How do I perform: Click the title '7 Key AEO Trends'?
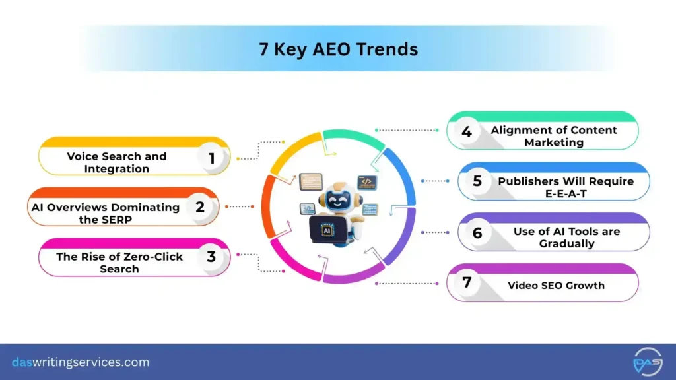pyautogui.click(x=338, y=49)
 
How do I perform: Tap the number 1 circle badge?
pyautogui.click(x=212, y=158)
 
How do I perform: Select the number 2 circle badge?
pyautogui.click(x=200, y=207)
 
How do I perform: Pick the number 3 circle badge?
pyautogui.click(x=211, y=257)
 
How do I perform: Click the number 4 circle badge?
pyautogui.click(x=467, y=131)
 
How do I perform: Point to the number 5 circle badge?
pyautogui.click(x=477, y=181)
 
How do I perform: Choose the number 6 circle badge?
pyautogui.click(x=477, y=232)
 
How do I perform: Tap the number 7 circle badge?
pyautogui.click(x=467, y=282)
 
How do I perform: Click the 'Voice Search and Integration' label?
pyautogui.click(x=116, y=162)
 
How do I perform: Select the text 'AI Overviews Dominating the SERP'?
pyautogui.click(x=106, y=213)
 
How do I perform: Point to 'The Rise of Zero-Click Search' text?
pyautogui.click(x=119, y=263)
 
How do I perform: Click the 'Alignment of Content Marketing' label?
pyautogui.click(x=554, y=136)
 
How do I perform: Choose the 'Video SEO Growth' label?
pyautogui.click(x=556, y=285)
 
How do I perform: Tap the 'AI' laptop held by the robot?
pyautogui.click(x=327, y=230)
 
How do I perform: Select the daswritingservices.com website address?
pyautogui.click(x=81, y=362)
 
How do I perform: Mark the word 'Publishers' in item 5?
pyautogui.click(x=526, y=181)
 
